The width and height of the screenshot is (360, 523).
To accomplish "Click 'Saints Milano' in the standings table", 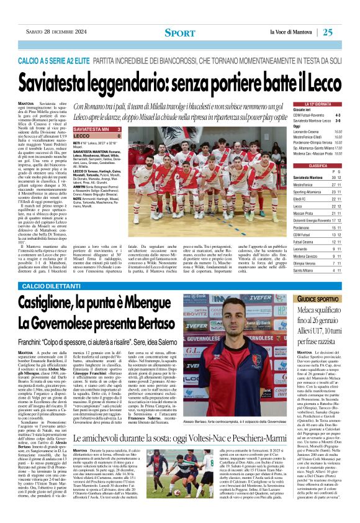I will coord(304,270).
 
